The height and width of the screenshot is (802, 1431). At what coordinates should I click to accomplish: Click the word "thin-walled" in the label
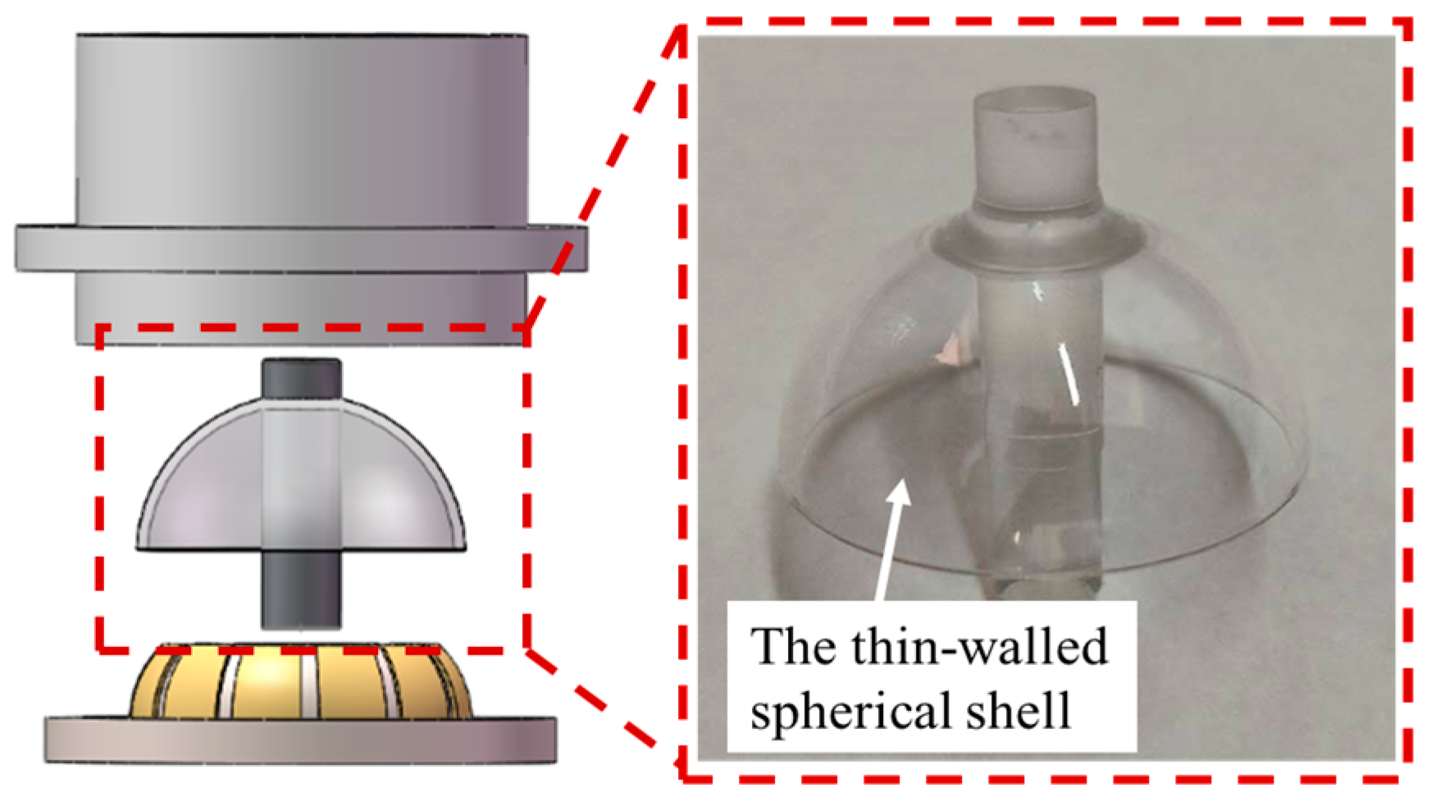point(979,647)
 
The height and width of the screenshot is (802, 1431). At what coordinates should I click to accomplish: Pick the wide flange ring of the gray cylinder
point(300,248)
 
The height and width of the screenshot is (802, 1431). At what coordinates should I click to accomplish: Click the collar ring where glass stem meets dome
point(1034,238)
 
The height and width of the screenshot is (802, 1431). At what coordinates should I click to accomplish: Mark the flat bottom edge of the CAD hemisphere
point(300,548)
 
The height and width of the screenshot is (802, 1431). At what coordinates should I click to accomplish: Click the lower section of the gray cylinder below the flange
point(300,308)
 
